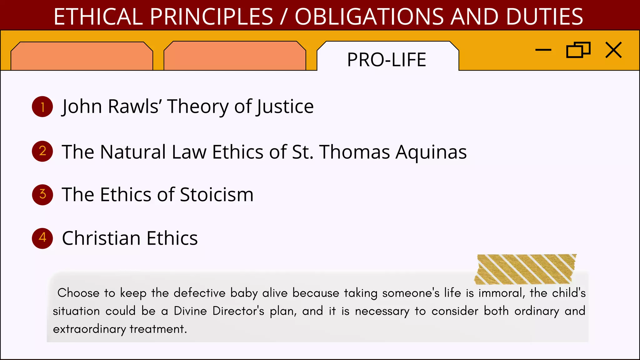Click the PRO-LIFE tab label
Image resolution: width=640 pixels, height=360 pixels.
(387, 60)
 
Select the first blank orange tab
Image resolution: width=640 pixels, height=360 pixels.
(82, 56)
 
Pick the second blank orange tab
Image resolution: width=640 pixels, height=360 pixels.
(235, 56)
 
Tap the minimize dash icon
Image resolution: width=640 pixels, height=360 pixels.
(543, 50)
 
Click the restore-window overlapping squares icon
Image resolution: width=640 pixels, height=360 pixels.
(578, 50)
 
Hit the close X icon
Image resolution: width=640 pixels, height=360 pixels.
(613, 50)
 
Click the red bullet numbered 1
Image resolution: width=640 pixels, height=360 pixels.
(42, 107)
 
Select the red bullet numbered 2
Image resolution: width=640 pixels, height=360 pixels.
(42, 151)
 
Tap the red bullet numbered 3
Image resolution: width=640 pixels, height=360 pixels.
(42, 194)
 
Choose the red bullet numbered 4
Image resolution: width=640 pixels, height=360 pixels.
(42, 238)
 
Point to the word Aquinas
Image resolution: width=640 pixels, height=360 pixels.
(431, 152)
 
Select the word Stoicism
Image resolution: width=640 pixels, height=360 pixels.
(217, 195)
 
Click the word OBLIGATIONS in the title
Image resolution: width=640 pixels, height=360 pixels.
(369, 17)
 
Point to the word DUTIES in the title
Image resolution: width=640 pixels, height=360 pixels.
(544, 17)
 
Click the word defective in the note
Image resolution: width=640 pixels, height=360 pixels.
(199, 293)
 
